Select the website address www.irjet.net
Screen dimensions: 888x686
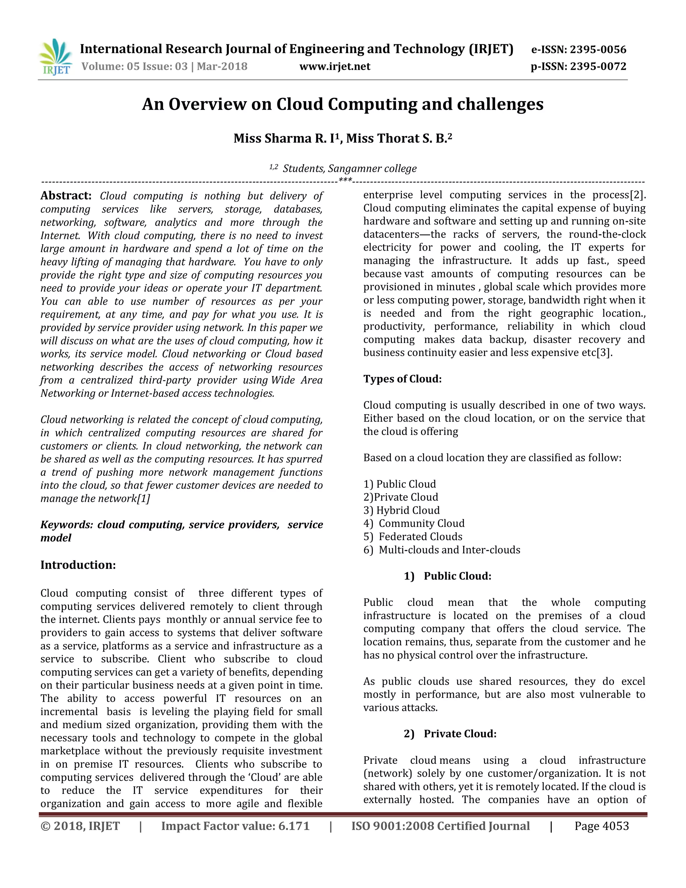tap(335, 66)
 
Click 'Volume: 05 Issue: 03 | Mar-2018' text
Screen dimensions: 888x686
tap(164, 66)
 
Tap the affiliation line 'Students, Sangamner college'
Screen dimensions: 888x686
tap(349, 168)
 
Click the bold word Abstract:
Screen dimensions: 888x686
tap(66, 196)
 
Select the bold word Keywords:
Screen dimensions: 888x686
tap(67, 524)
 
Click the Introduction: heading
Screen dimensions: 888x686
tap(78, 565)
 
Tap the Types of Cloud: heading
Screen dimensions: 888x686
tap(402, 379)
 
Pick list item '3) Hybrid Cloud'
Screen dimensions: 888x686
tap(402, 510)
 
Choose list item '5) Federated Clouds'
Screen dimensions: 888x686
tap(413, 537)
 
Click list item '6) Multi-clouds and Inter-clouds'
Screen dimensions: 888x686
tap(442, 550)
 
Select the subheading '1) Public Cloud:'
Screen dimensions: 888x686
tap(448, 576)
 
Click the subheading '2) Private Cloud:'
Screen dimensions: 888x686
tap(450, 734)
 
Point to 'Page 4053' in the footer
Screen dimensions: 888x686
tap(602, 826)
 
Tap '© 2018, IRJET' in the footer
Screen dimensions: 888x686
tap(80, 826)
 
